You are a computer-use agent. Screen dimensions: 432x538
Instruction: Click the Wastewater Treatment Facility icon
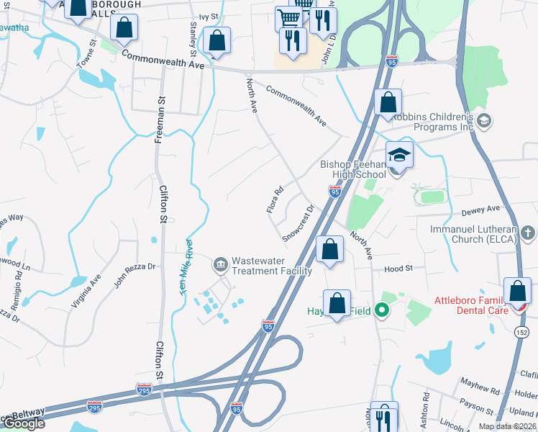(x=221, y=264)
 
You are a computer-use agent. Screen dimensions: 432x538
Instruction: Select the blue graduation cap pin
(x=399, y=156)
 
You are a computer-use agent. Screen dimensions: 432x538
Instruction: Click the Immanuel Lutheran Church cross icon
(x=528, y=233)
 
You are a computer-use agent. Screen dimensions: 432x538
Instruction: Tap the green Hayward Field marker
(x=383, y=311)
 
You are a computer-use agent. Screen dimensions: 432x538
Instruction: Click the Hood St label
(x=398, y=268)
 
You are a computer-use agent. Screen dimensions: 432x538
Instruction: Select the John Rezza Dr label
(x=134, y=275)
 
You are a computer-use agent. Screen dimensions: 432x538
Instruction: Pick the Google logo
(x=24, y=423)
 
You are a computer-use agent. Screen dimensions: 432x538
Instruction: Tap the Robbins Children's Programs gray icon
(x=483, y=120)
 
